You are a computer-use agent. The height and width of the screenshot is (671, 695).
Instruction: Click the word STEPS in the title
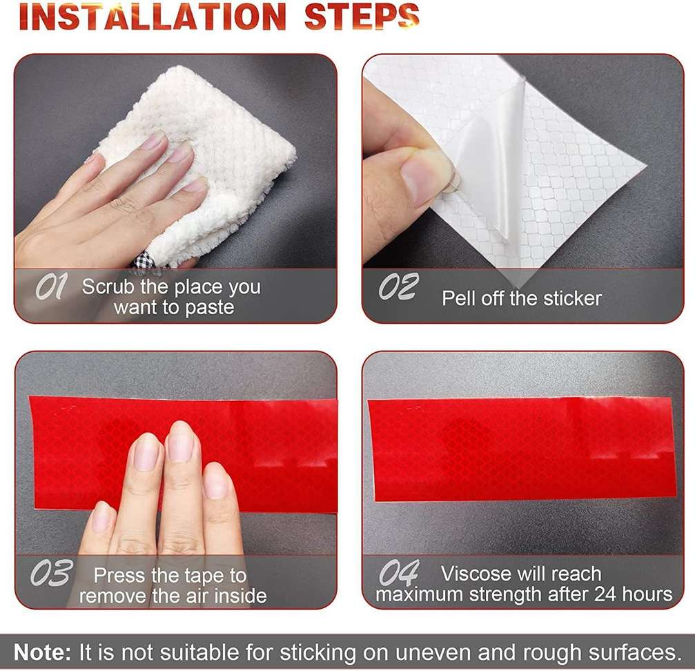[x=362, y=17]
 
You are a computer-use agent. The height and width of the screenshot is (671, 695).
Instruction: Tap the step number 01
[x=51, y=286]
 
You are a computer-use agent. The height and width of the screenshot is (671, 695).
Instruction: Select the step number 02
[x=398, y=286]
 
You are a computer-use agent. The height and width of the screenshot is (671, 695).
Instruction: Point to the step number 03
[x=52, y=572]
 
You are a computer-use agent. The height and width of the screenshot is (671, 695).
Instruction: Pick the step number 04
[x=399, y=572]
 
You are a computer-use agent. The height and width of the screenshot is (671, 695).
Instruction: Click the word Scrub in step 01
[x=108, y=286]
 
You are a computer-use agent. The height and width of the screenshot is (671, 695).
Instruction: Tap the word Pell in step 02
[x=459, y=298]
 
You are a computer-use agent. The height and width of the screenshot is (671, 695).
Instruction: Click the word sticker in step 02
[x=572, y=298]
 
